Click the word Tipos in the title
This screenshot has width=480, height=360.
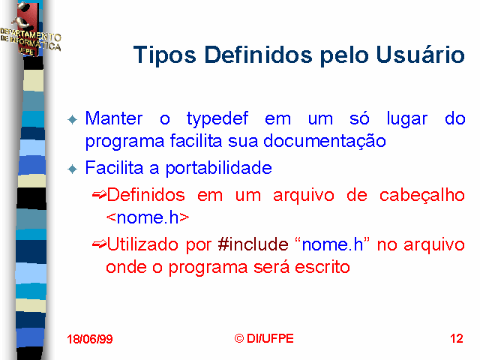[165, 55]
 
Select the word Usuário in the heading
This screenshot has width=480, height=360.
[420, 54]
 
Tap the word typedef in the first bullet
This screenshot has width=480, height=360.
[217, 119]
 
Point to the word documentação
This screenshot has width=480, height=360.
[325, 142]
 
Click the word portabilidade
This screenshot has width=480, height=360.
[218, 168]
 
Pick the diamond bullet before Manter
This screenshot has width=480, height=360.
[72, 120]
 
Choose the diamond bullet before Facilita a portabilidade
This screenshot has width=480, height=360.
[72, 169]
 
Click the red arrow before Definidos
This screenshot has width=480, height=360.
[99, 194]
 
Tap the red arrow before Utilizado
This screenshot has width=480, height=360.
[99, 244]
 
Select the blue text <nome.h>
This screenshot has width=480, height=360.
[148, 217]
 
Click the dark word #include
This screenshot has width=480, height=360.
[253, 244]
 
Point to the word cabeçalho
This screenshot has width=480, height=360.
[422, 196]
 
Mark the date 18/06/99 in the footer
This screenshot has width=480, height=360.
[90, 339]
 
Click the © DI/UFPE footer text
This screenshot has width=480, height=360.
[264, 338]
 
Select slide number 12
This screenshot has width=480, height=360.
[457, 338]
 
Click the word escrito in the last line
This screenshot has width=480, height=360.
[322, 267]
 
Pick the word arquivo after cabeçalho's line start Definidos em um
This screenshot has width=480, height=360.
[303, 196]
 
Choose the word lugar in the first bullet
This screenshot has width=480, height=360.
[406, 119]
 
